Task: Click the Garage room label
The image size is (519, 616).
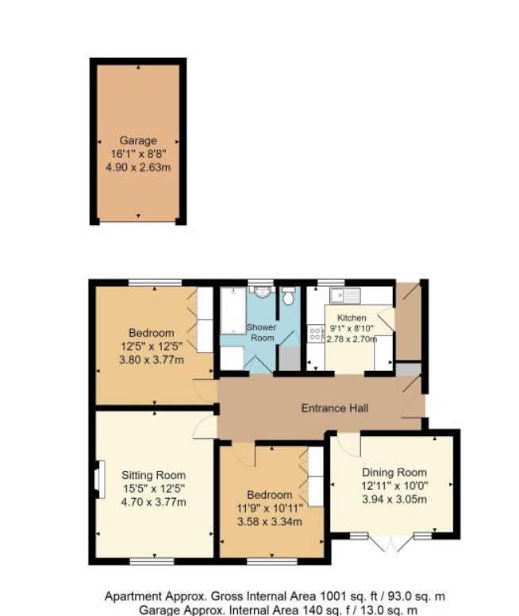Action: point(138,140)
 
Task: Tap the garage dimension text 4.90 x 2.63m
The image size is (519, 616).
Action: point(138,167)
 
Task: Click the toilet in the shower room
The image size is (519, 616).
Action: point(289,296)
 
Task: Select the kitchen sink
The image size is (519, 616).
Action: point(345,295)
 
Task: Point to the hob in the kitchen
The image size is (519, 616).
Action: point(315,334)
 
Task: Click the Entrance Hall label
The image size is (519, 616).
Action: point(335,408)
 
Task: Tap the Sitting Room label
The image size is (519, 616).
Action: point(153,476)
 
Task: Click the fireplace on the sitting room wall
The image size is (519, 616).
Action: point(99,480)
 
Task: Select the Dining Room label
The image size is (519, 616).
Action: point(394,473)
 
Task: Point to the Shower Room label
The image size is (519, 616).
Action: point(261,332)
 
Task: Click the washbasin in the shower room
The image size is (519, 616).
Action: point(261,292)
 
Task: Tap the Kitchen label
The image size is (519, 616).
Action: point(352,318)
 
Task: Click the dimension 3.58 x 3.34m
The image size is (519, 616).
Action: point(270,522)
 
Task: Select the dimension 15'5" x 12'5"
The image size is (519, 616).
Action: point(154,488)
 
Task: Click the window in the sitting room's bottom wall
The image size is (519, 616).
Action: point(152,562)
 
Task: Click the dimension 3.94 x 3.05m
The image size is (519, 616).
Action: point(394,499)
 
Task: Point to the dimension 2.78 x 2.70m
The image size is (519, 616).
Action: point(352,339)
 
